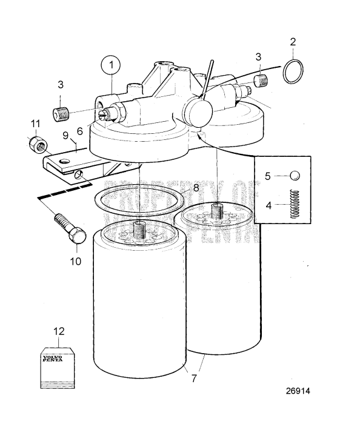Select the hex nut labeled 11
35,144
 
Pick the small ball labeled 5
294,176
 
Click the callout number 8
195,188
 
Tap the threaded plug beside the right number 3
261,79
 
